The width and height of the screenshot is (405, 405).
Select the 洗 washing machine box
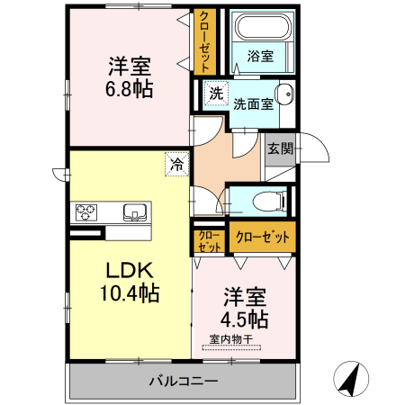pyautogui.click(x=215, y=92)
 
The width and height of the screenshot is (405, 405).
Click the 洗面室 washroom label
pyautogui.click(x=253, y=103)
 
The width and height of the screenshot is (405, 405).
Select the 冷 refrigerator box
pyautogui.click(x=176, y=164)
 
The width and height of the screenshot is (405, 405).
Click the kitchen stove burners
pyautogui.click(x=87, y=212)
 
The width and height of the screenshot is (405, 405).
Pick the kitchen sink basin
pyautogui.click(x=136, y=212)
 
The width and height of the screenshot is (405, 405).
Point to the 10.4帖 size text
pyautogui.click(x=130, y=292)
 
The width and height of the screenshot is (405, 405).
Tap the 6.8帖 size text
pyautogui.click(x=130, y=88)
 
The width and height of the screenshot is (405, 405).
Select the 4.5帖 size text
pyautogui.click(x=246, y=319)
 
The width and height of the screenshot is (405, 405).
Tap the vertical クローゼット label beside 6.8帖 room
pyautogui.click(x=206, y=41)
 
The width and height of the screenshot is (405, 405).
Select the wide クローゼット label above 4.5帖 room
pyautogui.click(x=263, y=238)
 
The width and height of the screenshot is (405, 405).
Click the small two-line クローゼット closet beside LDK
pyautogui.click(x=209, y=240)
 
